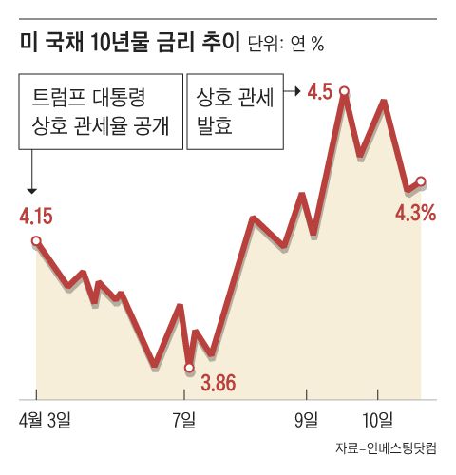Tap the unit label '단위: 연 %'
coord(285,45)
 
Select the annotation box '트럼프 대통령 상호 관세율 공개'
coord(102,111)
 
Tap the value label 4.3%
coord(415,214)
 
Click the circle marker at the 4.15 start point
coord(36,241)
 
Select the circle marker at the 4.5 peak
coord(344,92)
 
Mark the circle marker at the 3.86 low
coord(189,367)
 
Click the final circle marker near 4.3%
coord(421,181)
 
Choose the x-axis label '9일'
coord(308,418)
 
